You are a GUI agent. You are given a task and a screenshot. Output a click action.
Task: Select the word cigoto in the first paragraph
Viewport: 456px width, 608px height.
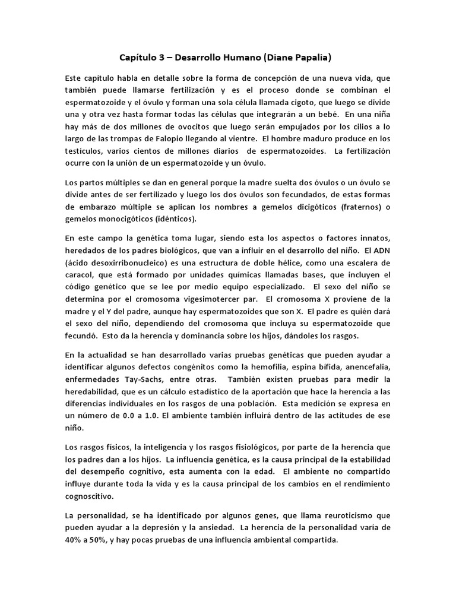point(287,103)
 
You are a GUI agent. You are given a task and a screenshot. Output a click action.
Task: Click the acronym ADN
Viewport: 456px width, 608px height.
point(379,252)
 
